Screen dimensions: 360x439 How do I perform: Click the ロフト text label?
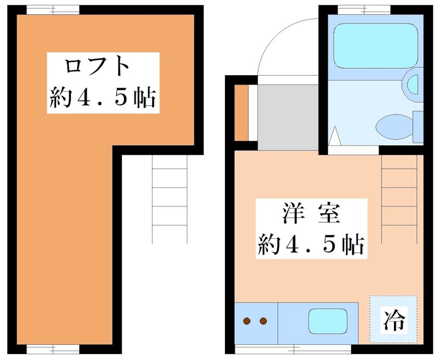point(98,67)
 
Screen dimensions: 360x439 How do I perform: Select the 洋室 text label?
point(309,213)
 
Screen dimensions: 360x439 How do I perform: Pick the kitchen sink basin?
point(328,321)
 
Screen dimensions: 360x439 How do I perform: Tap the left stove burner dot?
point(247,321)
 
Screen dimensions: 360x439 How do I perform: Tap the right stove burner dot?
point(263,321)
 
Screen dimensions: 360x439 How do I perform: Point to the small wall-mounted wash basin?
point(412,83)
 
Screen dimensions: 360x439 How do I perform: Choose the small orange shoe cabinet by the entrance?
point(241,113)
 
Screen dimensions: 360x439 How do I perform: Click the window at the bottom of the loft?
point(53,349)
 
